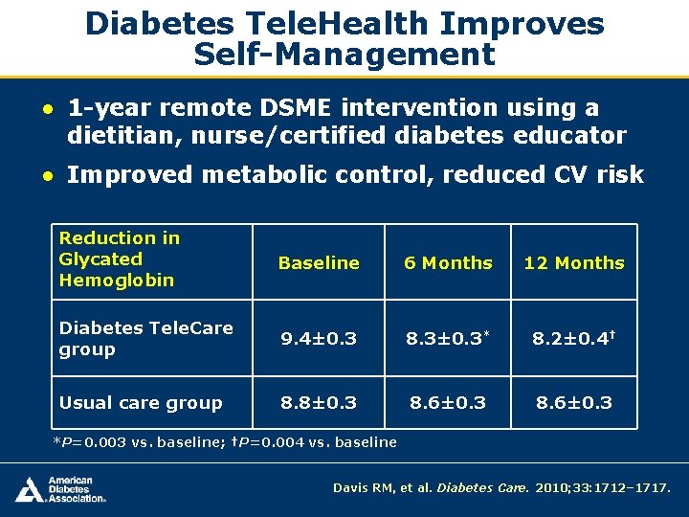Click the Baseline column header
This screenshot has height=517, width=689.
[x=319, y=263]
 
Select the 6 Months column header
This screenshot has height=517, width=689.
[x=448, y=263]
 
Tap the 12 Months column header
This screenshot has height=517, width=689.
[x=574, y=263]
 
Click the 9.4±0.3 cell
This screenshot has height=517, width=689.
[x=319, y=338]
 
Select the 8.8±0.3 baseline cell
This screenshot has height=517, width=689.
[x=319, y=403]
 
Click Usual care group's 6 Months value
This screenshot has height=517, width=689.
[x=448, y=403]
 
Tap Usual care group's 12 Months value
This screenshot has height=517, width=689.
[x=574, y=403]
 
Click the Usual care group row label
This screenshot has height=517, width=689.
[x=141, y=403]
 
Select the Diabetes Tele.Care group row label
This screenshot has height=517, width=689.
[x=145, y=339]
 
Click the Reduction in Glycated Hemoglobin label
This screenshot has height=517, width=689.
[x=119, y=258]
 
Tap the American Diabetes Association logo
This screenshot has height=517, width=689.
[x=59, y=489]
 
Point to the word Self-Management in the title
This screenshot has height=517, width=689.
[x=344, y=55]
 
